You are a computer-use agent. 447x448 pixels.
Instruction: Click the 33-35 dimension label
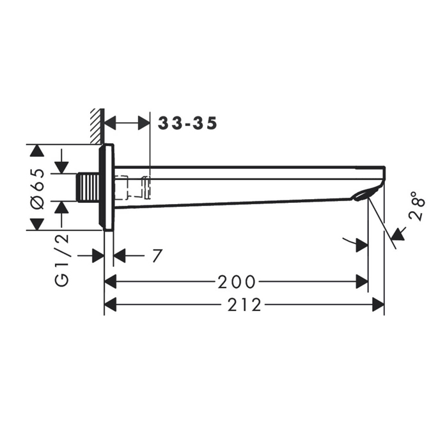pos(187,123)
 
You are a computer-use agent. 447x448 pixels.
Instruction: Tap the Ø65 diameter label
pos(38,189)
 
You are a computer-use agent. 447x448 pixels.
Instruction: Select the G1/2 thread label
pos(61,260)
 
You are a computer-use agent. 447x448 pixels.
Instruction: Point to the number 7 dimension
pos(157,255)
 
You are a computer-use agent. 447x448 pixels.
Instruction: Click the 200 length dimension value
pos(237,282)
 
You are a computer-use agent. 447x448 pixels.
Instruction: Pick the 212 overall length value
pos(244,305)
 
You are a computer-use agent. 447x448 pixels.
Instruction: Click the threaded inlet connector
pos(88,188)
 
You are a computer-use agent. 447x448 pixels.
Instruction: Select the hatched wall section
pos(97,126)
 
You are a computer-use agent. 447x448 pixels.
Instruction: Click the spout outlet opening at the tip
pos(361,196)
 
